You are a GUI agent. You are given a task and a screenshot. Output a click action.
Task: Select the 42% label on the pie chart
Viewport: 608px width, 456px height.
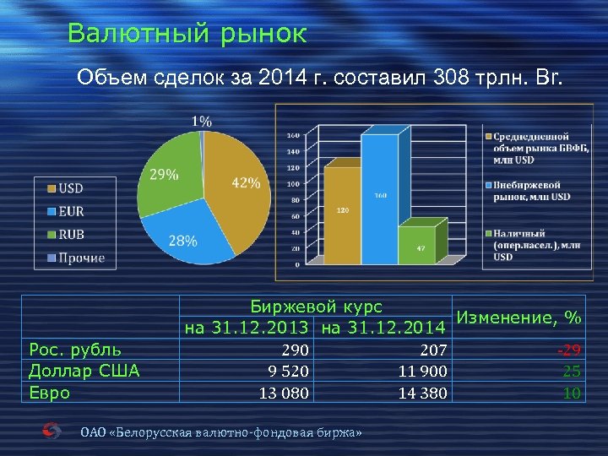point(245,183)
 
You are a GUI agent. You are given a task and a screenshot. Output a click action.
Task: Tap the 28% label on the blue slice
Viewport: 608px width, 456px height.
point(182,241)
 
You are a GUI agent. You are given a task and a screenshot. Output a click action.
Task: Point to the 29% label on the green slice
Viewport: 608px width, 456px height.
point(164,175)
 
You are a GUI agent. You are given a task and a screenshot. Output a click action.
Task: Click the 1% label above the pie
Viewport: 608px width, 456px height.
point(201,121)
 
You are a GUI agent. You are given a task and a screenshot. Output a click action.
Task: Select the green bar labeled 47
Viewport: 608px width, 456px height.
point(420,245)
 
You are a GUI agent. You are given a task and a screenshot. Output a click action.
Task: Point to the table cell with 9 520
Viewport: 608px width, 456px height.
point(286,370)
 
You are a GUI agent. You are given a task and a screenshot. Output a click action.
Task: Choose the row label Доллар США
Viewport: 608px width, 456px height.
point(84,370)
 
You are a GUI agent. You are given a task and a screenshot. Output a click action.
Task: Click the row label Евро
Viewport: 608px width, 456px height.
point(50,392)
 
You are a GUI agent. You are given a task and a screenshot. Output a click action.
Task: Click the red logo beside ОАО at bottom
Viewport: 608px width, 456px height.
point(52,432)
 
